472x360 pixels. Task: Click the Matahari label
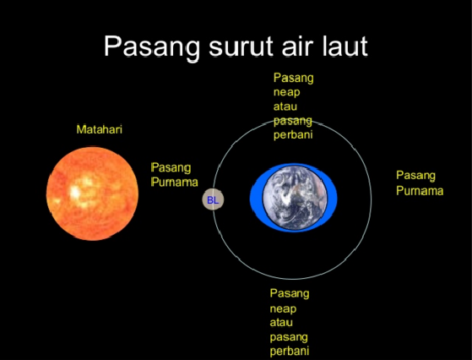[x=100, y=129]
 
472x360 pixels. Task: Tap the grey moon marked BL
[x=212, y=200]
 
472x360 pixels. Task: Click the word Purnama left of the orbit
[x=174, y=183]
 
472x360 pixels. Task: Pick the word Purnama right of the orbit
[x=420, y=190]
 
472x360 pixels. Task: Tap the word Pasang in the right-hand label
[x=415, y=175]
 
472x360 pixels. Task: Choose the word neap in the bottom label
[x=284, y=308]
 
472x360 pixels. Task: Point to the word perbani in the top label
[x=291, y=135]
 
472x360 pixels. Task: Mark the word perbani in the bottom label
[x=290, y=351]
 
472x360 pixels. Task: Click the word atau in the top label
[x=285, y=106]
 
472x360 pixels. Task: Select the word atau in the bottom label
[x=282, y=322]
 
